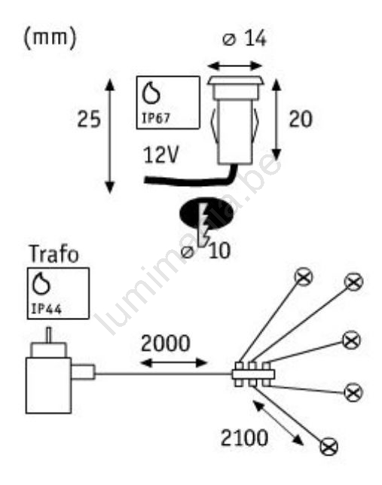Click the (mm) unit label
50,38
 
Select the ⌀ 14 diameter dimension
244,39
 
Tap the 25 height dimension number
89,119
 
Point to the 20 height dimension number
301,119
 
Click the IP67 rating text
156,118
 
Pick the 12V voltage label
161,154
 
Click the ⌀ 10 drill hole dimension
206,252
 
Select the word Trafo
54,255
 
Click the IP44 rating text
47,309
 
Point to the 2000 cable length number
165,343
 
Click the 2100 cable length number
244,438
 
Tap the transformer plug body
49,385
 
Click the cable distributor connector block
253,374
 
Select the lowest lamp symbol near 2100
329,447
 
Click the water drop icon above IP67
151,93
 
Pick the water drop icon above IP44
41,284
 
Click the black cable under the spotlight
191,178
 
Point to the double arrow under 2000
173,362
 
